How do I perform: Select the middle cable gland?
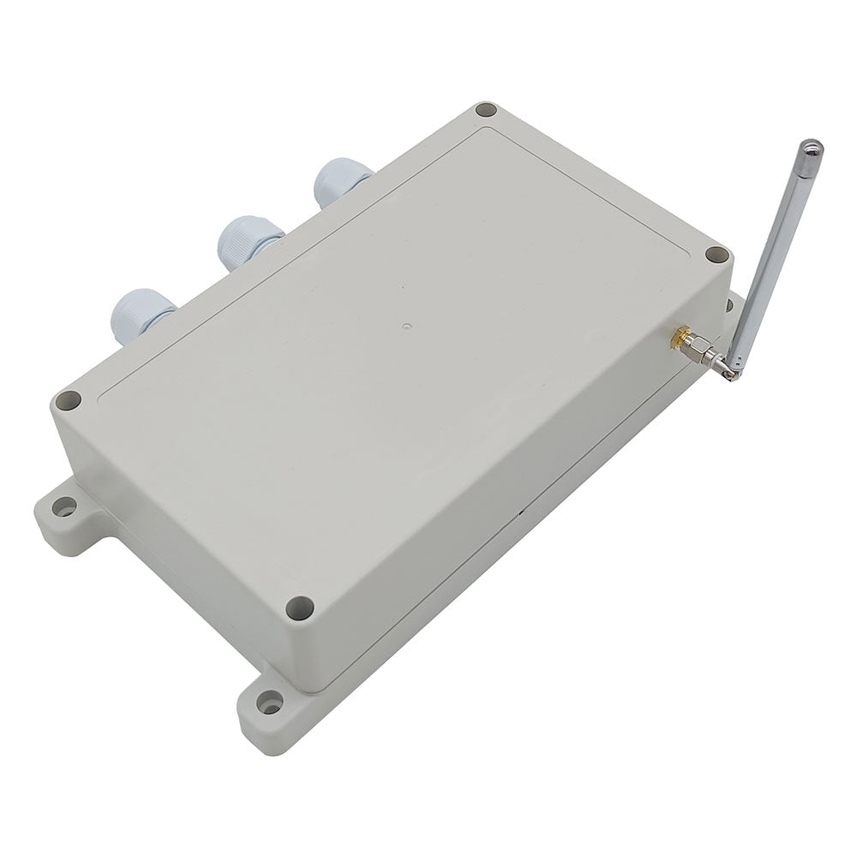click(249, 240)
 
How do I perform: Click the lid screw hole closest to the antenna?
click(715, 255)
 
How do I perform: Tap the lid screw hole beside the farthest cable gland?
click(486, 111)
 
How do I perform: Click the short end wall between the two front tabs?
click(171, 548)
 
